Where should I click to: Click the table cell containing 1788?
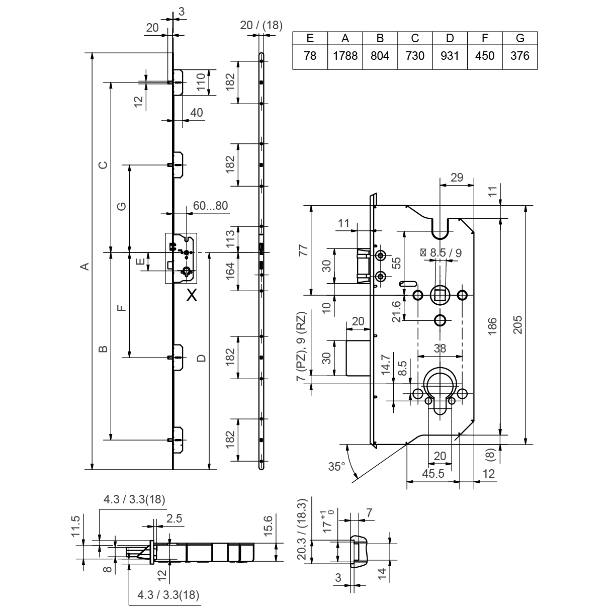coord(345,56)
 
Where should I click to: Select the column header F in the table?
coord(485,38)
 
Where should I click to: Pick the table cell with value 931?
coord(450,56)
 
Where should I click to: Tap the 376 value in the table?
coord(520,56)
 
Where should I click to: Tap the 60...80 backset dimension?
coord(210,206)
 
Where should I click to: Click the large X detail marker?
coord(192,296)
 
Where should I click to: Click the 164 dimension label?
coord(230,272)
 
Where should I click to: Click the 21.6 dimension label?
coord(397,311)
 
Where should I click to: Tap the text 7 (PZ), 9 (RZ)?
coord(301,347)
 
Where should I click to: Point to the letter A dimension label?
coord(85,266)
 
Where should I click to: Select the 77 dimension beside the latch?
coord(302,250)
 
